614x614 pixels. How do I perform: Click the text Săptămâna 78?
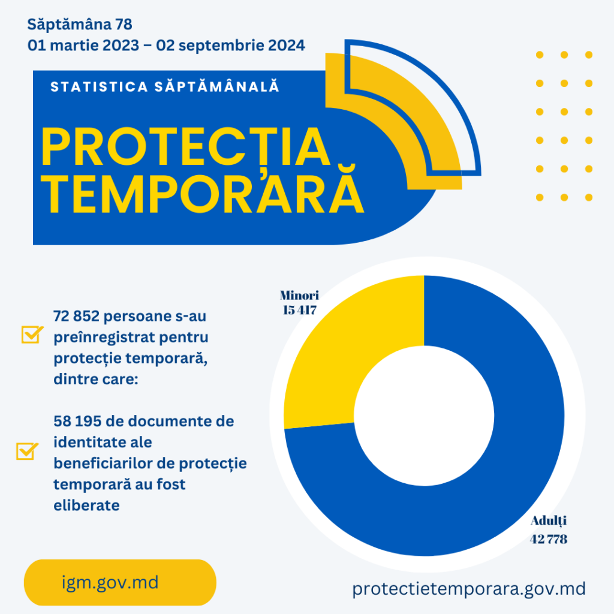(x=79, y=25)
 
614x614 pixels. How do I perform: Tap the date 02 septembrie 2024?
(x=230, y=45)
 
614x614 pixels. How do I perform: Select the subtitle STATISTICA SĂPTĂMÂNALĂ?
(x=165, y=86)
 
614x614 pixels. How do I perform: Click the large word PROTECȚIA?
(x=186, y=148)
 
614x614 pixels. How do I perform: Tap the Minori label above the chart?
(x=299, y=295)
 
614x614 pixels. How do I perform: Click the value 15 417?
(x=299, y=310)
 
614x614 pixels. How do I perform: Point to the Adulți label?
(x=548, y=520)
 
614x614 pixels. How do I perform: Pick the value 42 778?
(x=548, y=539)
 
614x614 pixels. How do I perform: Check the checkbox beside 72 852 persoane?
(x=31, y=334)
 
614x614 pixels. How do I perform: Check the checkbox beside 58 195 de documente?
(x=26, y=451)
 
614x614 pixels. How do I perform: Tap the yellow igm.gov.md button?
(x=120, y=582)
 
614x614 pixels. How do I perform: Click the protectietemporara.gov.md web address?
(x=469, y=589)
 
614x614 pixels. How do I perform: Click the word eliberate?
(x=86, y=505)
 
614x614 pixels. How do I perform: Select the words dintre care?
(x=96, y=379)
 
